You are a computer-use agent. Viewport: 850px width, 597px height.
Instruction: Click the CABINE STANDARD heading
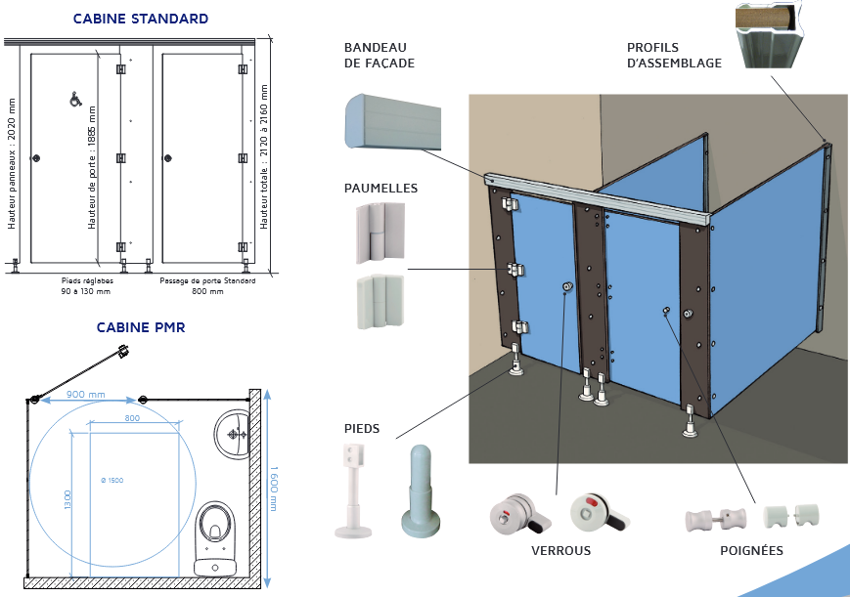(141, 19)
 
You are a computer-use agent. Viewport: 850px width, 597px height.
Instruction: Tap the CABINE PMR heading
(141, 327)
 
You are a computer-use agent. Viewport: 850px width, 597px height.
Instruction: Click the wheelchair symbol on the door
(74, 100)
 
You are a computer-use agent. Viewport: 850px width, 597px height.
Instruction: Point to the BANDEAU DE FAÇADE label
(380, 56)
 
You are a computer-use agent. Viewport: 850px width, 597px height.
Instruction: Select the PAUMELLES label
(380, 188)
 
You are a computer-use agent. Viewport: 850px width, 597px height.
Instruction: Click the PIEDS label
(362, 428)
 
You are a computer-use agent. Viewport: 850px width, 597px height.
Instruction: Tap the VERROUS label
(560, 550)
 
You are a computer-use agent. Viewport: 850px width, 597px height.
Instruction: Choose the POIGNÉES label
(751, 550)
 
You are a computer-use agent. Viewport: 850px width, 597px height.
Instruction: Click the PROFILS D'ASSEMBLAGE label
(674, 56)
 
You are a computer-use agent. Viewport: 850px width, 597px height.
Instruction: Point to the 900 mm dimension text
(86, 395)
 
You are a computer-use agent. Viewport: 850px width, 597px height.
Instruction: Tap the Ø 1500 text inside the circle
(112, 481)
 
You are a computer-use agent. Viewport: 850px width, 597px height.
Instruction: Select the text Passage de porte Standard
(207, 281)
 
